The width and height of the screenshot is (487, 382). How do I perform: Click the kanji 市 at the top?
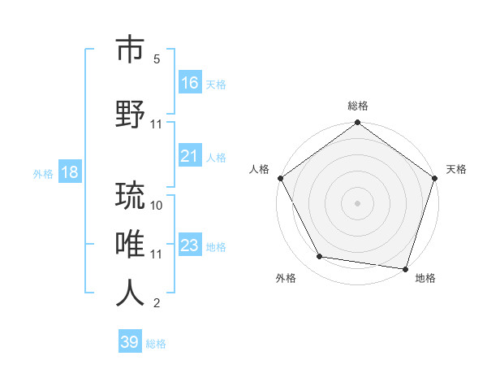click(131, 50)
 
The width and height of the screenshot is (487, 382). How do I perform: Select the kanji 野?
click(131, 113)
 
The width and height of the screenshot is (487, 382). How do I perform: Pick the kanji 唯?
click(131, 244)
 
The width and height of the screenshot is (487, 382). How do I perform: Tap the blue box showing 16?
click(190, 83)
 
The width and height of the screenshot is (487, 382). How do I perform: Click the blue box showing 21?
click(190, 156)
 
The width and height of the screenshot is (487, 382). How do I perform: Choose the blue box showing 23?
click(190, 245)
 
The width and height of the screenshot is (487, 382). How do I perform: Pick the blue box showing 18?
click(69, 172)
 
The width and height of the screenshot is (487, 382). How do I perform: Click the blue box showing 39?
click(130, 342)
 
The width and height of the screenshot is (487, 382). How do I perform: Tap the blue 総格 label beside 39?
click(157, 344)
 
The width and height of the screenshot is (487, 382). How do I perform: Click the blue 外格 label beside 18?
click(43, 173)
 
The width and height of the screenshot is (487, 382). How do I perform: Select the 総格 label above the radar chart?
click(357, 106)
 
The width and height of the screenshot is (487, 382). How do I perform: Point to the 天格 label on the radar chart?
click(456, 169)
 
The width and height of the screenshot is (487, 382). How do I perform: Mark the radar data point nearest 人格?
click(281, 178)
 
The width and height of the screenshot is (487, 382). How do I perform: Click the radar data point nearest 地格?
click(404, 268)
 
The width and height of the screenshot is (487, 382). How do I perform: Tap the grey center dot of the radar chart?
click(357, 203)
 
